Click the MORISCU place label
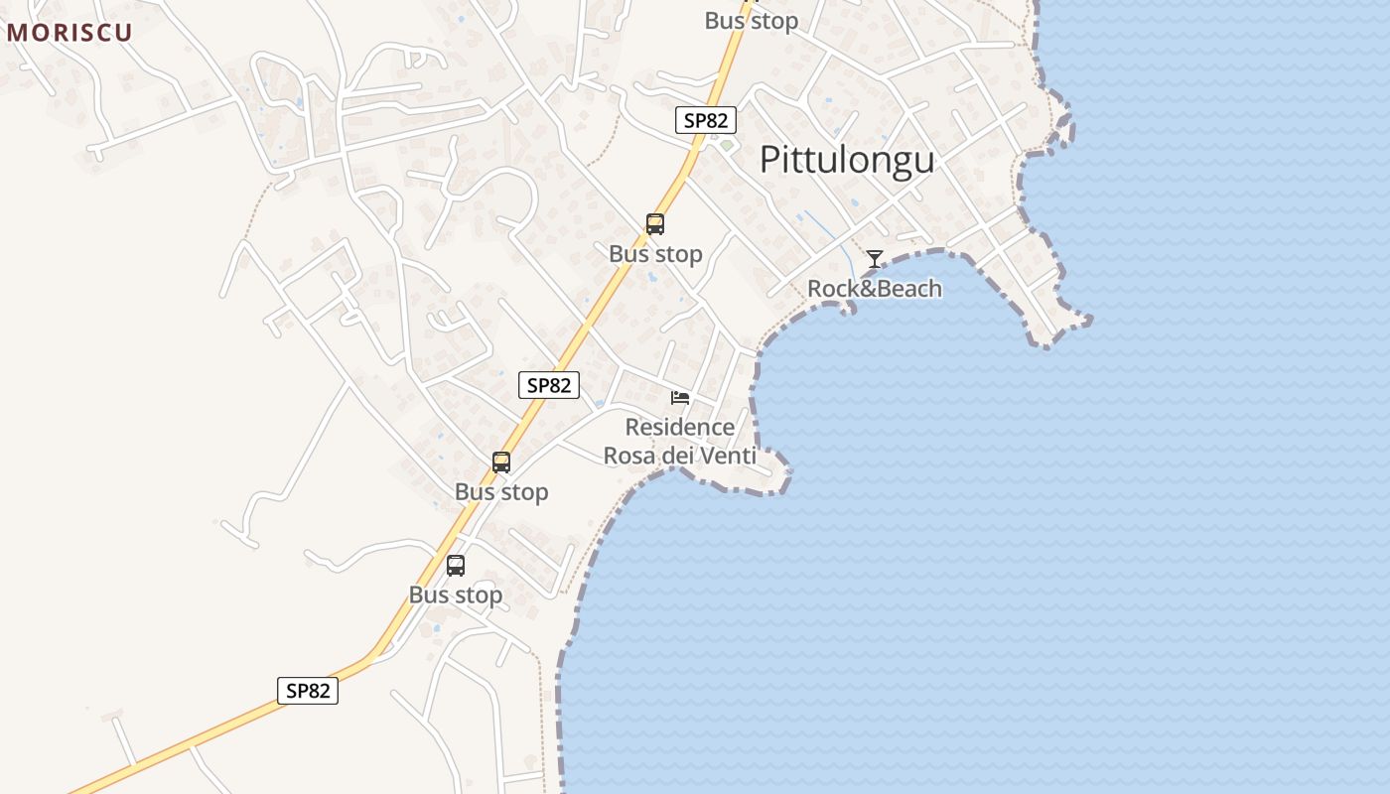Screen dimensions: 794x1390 [69, 32]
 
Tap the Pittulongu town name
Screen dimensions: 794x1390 [847, 160]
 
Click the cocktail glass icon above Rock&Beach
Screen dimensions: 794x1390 [874, 259]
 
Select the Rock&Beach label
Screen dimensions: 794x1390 [874, 289]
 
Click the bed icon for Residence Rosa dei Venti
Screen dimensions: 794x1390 [680, 398]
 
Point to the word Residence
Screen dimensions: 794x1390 [680, 428]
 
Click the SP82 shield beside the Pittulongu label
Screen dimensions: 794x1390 [706, 121]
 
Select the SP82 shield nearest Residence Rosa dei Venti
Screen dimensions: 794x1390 [549, 385]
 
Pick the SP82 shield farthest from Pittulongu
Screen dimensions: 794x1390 [308, 691]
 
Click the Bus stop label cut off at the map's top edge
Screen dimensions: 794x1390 [752, 20]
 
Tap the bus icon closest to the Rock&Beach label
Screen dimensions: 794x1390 [655, 224]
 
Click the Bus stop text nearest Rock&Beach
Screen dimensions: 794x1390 [655, 254]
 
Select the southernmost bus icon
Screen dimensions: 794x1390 [456, 566]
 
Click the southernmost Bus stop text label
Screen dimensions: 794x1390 [456, 595]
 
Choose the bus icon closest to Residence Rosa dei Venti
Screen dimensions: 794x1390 [501, 463]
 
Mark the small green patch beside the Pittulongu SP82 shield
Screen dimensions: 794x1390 [727, 145]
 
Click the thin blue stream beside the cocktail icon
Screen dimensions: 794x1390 [844, 253]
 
